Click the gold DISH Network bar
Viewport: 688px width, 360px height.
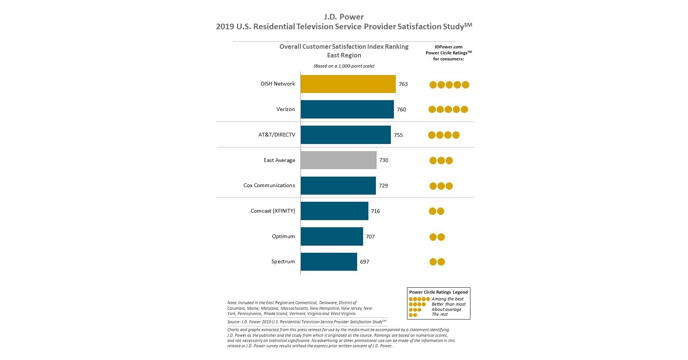click(348, 84)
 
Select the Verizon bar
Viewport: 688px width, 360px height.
click(347, 109)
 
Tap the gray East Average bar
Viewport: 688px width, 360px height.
click(338, 160)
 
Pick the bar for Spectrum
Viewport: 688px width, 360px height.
click(329, 262)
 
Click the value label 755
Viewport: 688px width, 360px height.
click(398, 135)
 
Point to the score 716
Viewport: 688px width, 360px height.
click(375, 211)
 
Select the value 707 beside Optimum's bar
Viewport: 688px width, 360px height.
click(370, 237)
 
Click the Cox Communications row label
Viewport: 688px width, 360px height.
click(269, 185)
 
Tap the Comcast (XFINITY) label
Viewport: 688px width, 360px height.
click(273, 211)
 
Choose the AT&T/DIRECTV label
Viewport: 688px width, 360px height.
click(276, 135)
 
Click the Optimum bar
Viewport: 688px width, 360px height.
click(332, 237)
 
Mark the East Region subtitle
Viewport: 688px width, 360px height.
click(344, 55)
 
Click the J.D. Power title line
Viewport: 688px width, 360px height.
click(344, 17)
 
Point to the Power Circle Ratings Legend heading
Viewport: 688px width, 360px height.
click(438, 292)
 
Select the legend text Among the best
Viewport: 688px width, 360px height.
click(447, 299)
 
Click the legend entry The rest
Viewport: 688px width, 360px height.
click(439, 314)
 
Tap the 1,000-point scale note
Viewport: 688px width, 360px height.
click(344, 66)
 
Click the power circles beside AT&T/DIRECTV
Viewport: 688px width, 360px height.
click(443, 135)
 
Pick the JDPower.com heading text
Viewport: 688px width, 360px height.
click(448, 47)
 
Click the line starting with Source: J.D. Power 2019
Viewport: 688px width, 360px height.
click(306, 322)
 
